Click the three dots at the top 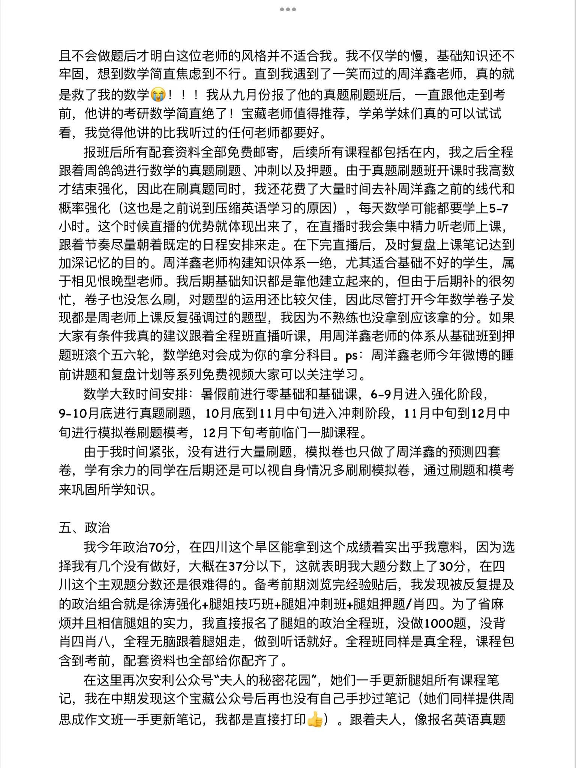pyautogui.click(x=288, y=9)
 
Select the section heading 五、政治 pyautogui.click(x=84, y=528)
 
